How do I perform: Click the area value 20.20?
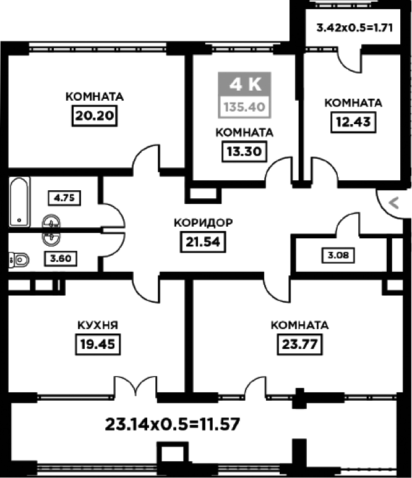coord(95,116)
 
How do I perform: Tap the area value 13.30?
coord(244,151)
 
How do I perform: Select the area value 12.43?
coord(353,122)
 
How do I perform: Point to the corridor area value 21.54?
coord(203,242)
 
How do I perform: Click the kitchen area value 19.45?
coord(98,345)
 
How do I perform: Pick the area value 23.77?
coord(299,345)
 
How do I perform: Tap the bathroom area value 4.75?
coord(64,198)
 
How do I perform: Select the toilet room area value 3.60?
coord(61,259)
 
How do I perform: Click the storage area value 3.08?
coord(338,255)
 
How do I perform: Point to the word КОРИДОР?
coord(204,223)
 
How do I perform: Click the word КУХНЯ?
coord(98,325)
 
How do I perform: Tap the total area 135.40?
coord(244,107)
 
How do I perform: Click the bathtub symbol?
coord(20,202)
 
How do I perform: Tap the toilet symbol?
coord(19,260)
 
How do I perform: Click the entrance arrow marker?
coord(394,203)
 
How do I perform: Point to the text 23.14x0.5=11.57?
coord(173,424)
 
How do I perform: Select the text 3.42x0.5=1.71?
coord(354,28)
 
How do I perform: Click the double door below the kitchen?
coord(135,387)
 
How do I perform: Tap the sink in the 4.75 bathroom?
coord(51,221)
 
